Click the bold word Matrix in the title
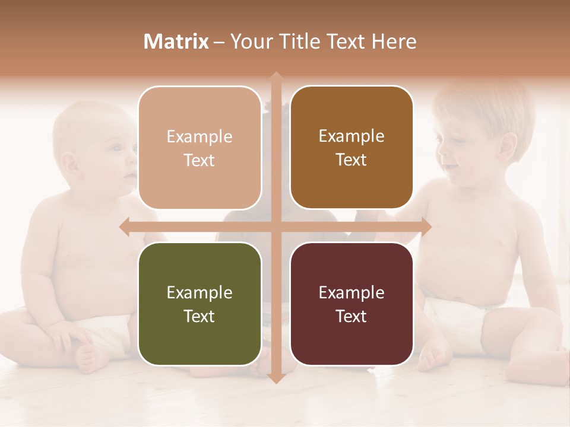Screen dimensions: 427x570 pyautogui.click(x=176, y=42)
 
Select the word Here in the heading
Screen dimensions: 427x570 pyautogui.click(x=394, y=42)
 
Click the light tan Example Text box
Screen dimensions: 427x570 pyautogui.click(x=199, y=148)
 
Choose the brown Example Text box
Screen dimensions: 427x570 pyautogui.click(x=351, y=148)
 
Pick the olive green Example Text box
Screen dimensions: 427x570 pyautogui.click(x=199, y=304)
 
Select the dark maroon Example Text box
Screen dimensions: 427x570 pyautogui.click(x=351, y=304)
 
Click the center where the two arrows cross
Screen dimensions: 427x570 pyautogui.click(x=275, y=226)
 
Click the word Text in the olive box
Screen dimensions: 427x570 pyautogui.click(x=199, y=316)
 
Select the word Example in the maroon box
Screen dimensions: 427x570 pyautogui.click(x=351, y=292)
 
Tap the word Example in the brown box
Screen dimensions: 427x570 pyautogui.click(x=351, y=136)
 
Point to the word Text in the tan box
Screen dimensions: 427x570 pyautogui.click(x=199, y=160)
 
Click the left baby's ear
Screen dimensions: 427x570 pyautogui.click(x=70, y=163)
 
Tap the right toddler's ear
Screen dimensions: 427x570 pyautogui.click(x=508, y=145)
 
